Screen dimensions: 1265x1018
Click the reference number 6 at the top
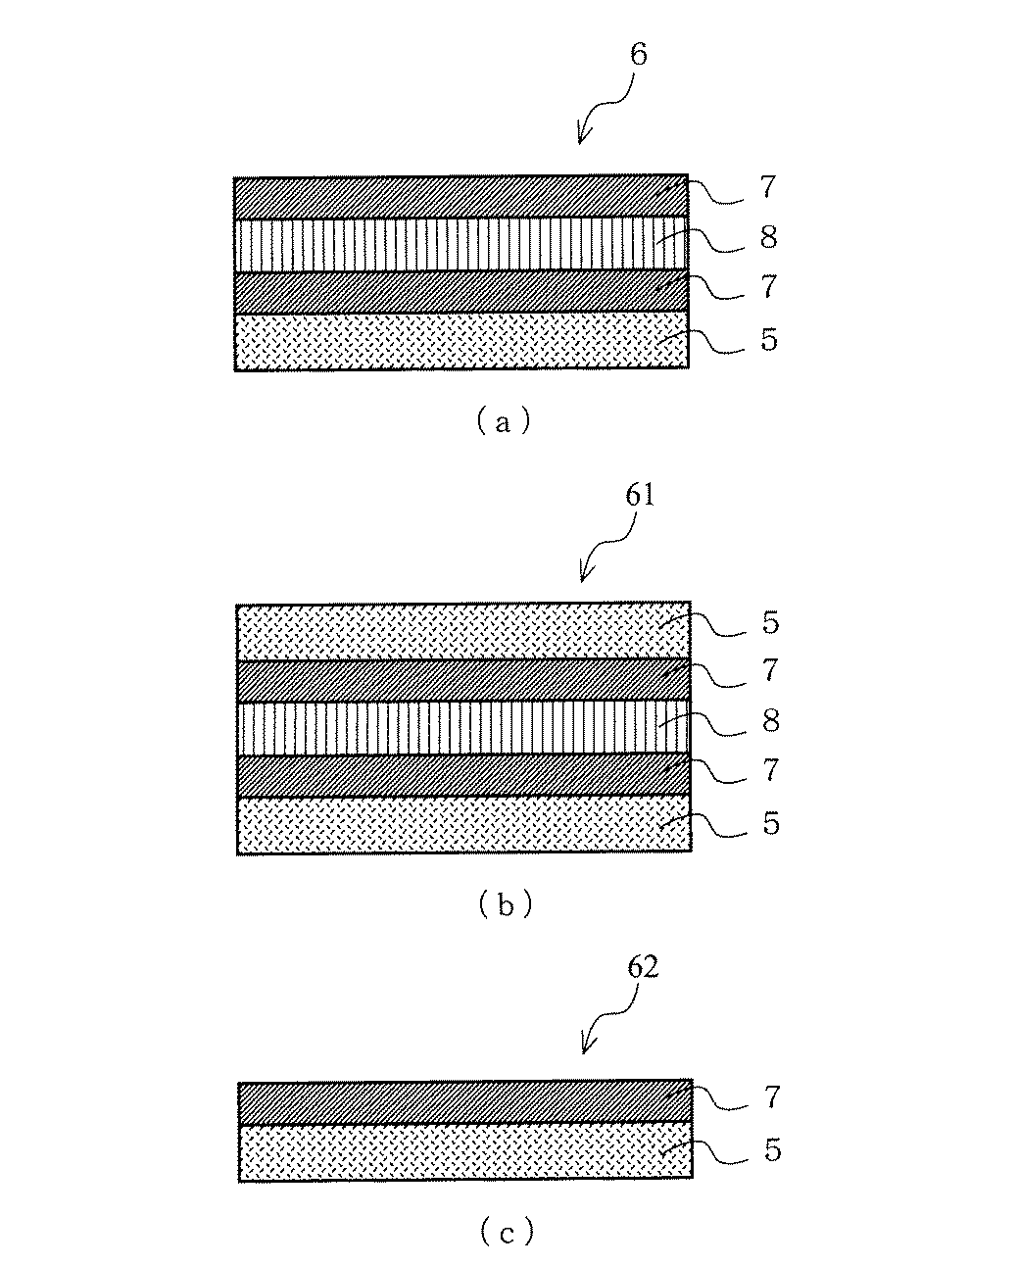(x=638, y=55)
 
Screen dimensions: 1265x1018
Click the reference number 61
(x=638, y=496)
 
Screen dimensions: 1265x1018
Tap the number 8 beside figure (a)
(x=769, y=238)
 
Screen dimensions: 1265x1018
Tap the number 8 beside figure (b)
(x=771, y=722)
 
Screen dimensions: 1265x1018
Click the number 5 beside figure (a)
(x=769, y=340)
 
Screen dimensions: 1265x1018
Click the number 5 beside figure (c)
(x=772, y=1150)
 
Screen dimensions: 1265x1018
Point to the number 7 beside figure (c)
(x=772, y=1097)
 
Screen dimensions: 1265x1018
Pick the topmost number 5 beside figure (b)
(x=771, y=623)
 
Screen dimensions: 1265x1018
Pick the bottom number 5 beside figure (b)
(x=771, y=823)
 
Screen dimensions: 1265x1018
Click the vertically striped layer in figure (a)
(x=461, y=243)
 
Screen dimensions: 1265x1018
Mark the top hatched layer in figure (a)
(x=461, y=197)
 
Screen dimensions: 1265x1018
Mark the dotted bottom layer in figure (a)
(x=461, y=340)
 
